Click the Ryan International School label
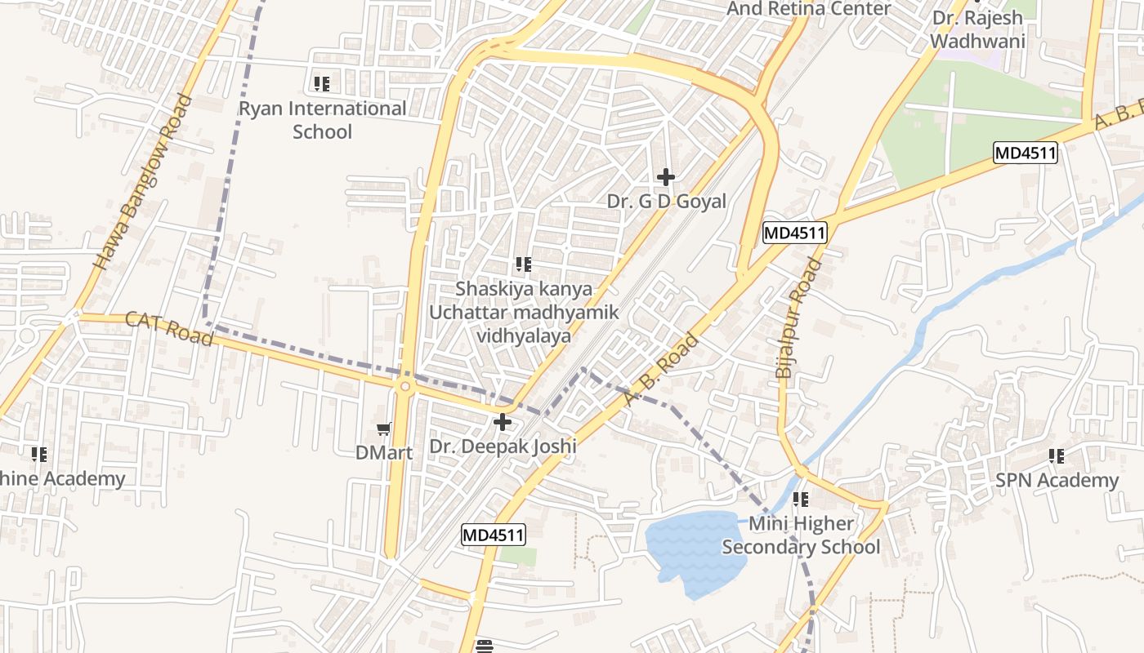click(322, 120)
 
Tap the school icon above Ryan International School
click(321, 83)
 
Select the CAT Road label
click(169, 328)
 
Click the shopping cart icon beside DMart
click(383, 429)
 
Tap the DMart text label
click(384, 451)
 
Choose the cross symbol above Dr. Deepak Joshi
click(503, 422)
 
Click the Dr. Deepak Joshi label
click(503, 446)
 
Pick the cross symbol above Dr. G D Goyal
click(666, 176)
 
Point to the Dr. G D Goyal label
click(666, 201)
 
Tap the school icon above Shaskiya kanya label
click(524, 264)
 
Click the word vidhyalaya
click(524, 335)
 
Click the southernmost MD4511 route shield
click(493, 535)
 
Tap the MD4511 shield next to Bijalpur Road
click(795, 233)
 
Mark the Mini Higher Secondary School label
click(801, 535)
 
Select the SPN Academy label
click(1057, 480)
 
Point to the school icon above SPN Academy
click(1057, 455)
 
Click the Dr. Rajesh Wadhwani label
click(977, 29)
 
